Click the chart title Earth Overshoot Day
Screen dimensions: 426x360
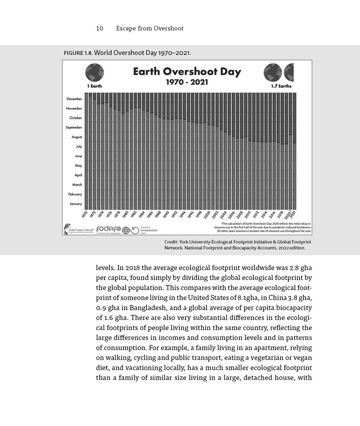pyautogui.click(x=187, y=71)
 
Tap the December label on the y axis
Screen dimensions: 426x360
pyautogui.click(x=74, y=99)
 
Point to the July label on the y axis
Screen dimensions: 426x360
pyautogui.click(x=78, y=146)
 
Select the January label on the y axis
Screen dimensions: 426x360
pyautogui.click(x=76, y=204)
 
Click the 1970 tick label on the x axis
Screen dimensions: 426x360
pyautogui.click(x=85, y=214)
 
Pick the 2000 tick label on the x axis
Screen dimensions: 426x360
pyautogui.click(x=207, y=214)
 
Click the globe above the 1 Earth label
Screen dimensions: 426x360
pyautogui.click(x=95, y=72)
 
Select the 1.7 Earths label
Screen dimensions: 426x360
pyautogui.click(x=281, y=86)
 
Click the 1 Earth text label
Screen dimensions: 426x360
pyautogui.click(x=95, y=86)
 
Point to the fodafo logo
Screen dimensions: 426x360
pyautogui.click(x=108, y=229)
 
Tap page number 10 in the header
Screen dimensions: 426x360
pyautogui.click(x=100, y=28)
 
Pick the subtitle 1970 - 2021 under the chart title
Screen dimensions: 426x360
pyautogui.click(x=186, y=82)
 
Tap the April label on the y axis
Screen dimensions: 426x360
pyautogui.click(x=78, y=175)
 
